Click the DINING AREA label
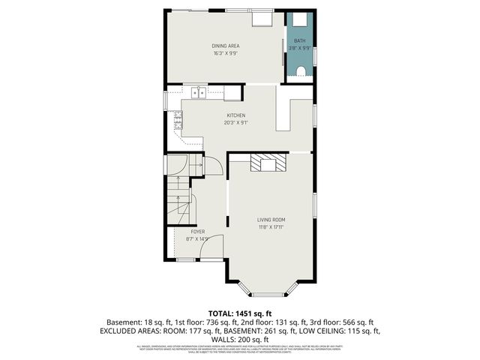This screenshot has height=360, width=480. [x=225, y=46]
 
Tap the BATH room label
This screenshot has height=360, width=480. [x=299, y=40]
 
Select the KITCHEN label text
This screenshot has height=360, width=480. [x=235, y=115]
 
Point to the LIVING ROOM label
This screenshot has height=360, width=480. [x=271, y=220]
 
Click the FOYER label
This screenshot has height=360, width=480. [x=197, y=232]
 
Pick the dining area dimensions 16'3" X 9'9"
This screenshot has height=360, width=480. [x=225, y=54]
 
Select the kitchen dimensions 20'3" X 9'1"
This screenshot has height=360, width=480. [x=235, y=123]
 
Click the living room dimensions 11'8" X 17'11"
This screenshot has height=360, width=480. [x=271, y=227]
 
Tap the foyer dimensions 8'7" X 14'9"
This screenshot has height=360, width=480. [x=197, y=239]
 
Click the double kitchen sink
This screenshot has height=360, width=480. [x=199, y=93]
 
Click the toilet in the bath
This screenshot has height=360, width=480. [x=300, y=72]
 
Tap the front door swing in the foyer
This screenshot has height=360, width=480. [x=214, y=245]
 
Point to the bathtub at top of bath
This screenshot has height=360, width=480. [x=299, y=21]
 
